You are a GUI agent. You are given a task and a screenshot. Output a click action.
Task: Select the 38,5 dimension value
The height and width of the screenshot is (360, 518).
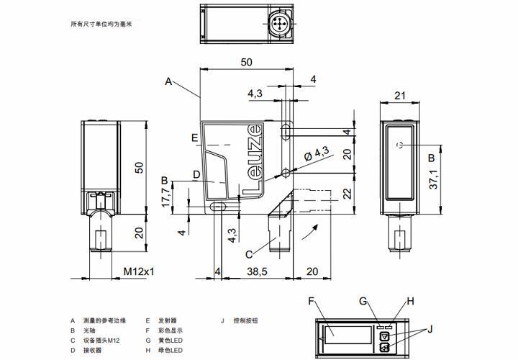click(258, 271)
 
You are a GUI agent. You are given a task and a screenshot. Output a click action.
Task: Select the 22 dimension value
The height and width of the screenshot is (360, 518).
click(346, 194)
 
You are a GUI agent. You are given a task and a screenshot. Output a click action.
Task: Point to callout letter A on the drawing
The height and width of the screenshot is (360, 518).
click(168, 81)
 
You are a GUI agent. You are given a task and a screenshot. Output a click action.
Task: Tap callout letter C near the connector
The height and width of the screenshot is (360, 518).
click(248, 253)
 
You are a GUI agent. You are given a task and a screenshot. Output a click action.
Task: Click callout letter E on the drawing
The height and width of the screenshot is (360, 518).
click(194, 137)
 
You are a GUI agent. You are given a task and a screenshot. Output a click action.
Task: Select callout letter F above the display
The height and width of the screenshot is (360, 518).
click(312, 301)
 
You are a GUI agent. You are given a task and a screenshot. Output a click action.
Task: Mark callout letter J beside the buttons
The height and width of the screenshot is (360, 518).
click(430, 330)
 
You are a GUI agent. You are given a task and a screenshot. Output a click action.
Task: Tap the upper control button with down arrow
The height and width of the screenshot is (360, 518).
click(386, 336)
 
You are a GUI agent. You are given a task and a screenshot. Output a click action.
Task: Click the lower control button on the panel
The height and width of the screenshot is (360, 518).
click(386, 348)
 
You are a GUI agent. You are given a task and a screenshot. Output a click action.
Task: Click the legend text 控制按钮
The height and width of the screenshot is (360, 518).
click(245, 320)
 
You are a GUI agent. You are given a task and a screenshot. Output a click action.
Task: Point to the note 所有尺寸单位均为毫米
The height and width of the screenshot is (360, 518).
click(101, 24)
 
